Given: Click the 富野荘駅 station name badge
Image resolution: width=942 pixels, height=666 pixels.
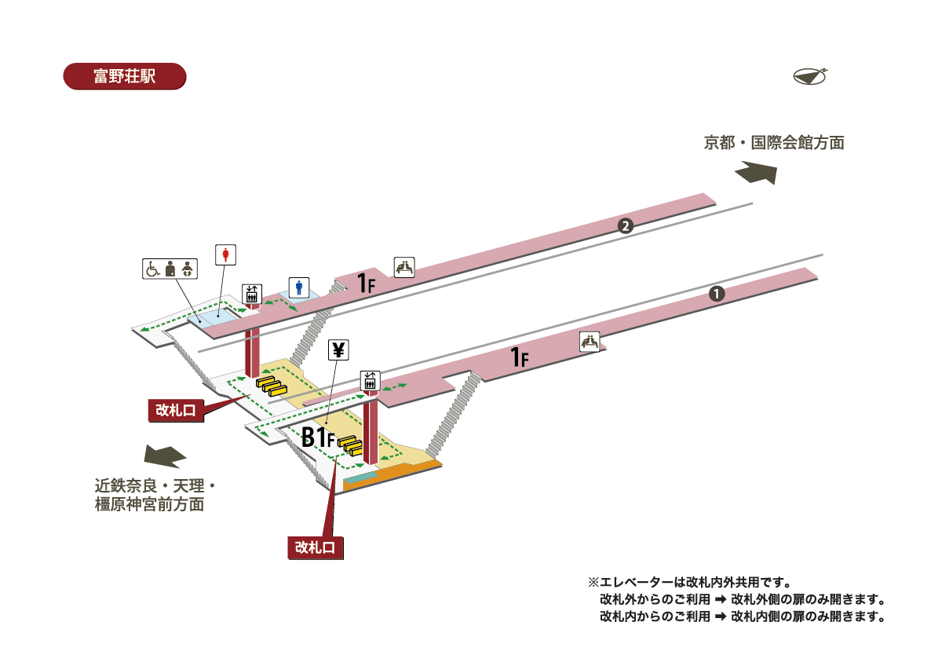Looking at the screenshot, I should (124, 76).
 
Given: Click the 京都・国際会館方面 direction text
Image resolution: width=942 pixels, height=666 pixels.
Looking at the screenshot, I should (773, 143).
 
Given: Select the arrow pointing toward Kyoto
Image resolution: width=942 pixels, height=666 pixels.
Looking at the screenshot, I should (757, 172).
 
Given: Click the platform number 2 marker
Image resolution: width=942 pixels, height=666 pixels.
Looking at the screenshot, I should (625, 226).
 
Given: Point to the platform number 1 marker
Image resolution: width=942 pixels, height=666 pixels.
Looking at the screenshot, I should (716, 294).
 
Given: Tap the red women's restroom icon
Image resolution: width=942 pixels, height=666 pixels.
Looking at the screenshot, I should (226, 254).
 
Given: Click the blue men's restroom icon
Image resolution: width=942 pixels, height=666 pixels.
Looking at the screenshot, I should (298, 287).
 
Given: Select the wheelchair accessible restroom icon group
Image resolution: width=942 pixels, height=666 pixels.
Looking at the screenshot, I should (170, 269).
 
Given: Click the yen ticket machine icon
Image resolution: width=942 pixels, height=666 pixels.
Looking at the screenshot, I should (338, 350).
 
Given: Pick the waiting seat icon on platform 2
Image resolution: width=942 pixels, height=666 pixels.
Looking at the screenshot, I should (404, 267).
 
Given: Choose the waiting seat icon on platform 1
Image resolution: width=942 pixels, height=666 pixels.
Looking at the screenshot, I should (590, 342).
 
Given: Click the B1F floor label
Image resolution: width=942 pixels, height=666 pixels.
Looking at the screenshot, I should (319, 438).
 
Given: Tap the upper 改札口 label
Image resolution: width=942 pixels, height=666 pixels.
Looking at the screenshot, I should (176, 409).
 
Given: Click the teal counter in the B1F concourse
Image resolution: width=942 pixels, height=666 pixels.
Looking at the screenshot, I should (360, 478).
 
